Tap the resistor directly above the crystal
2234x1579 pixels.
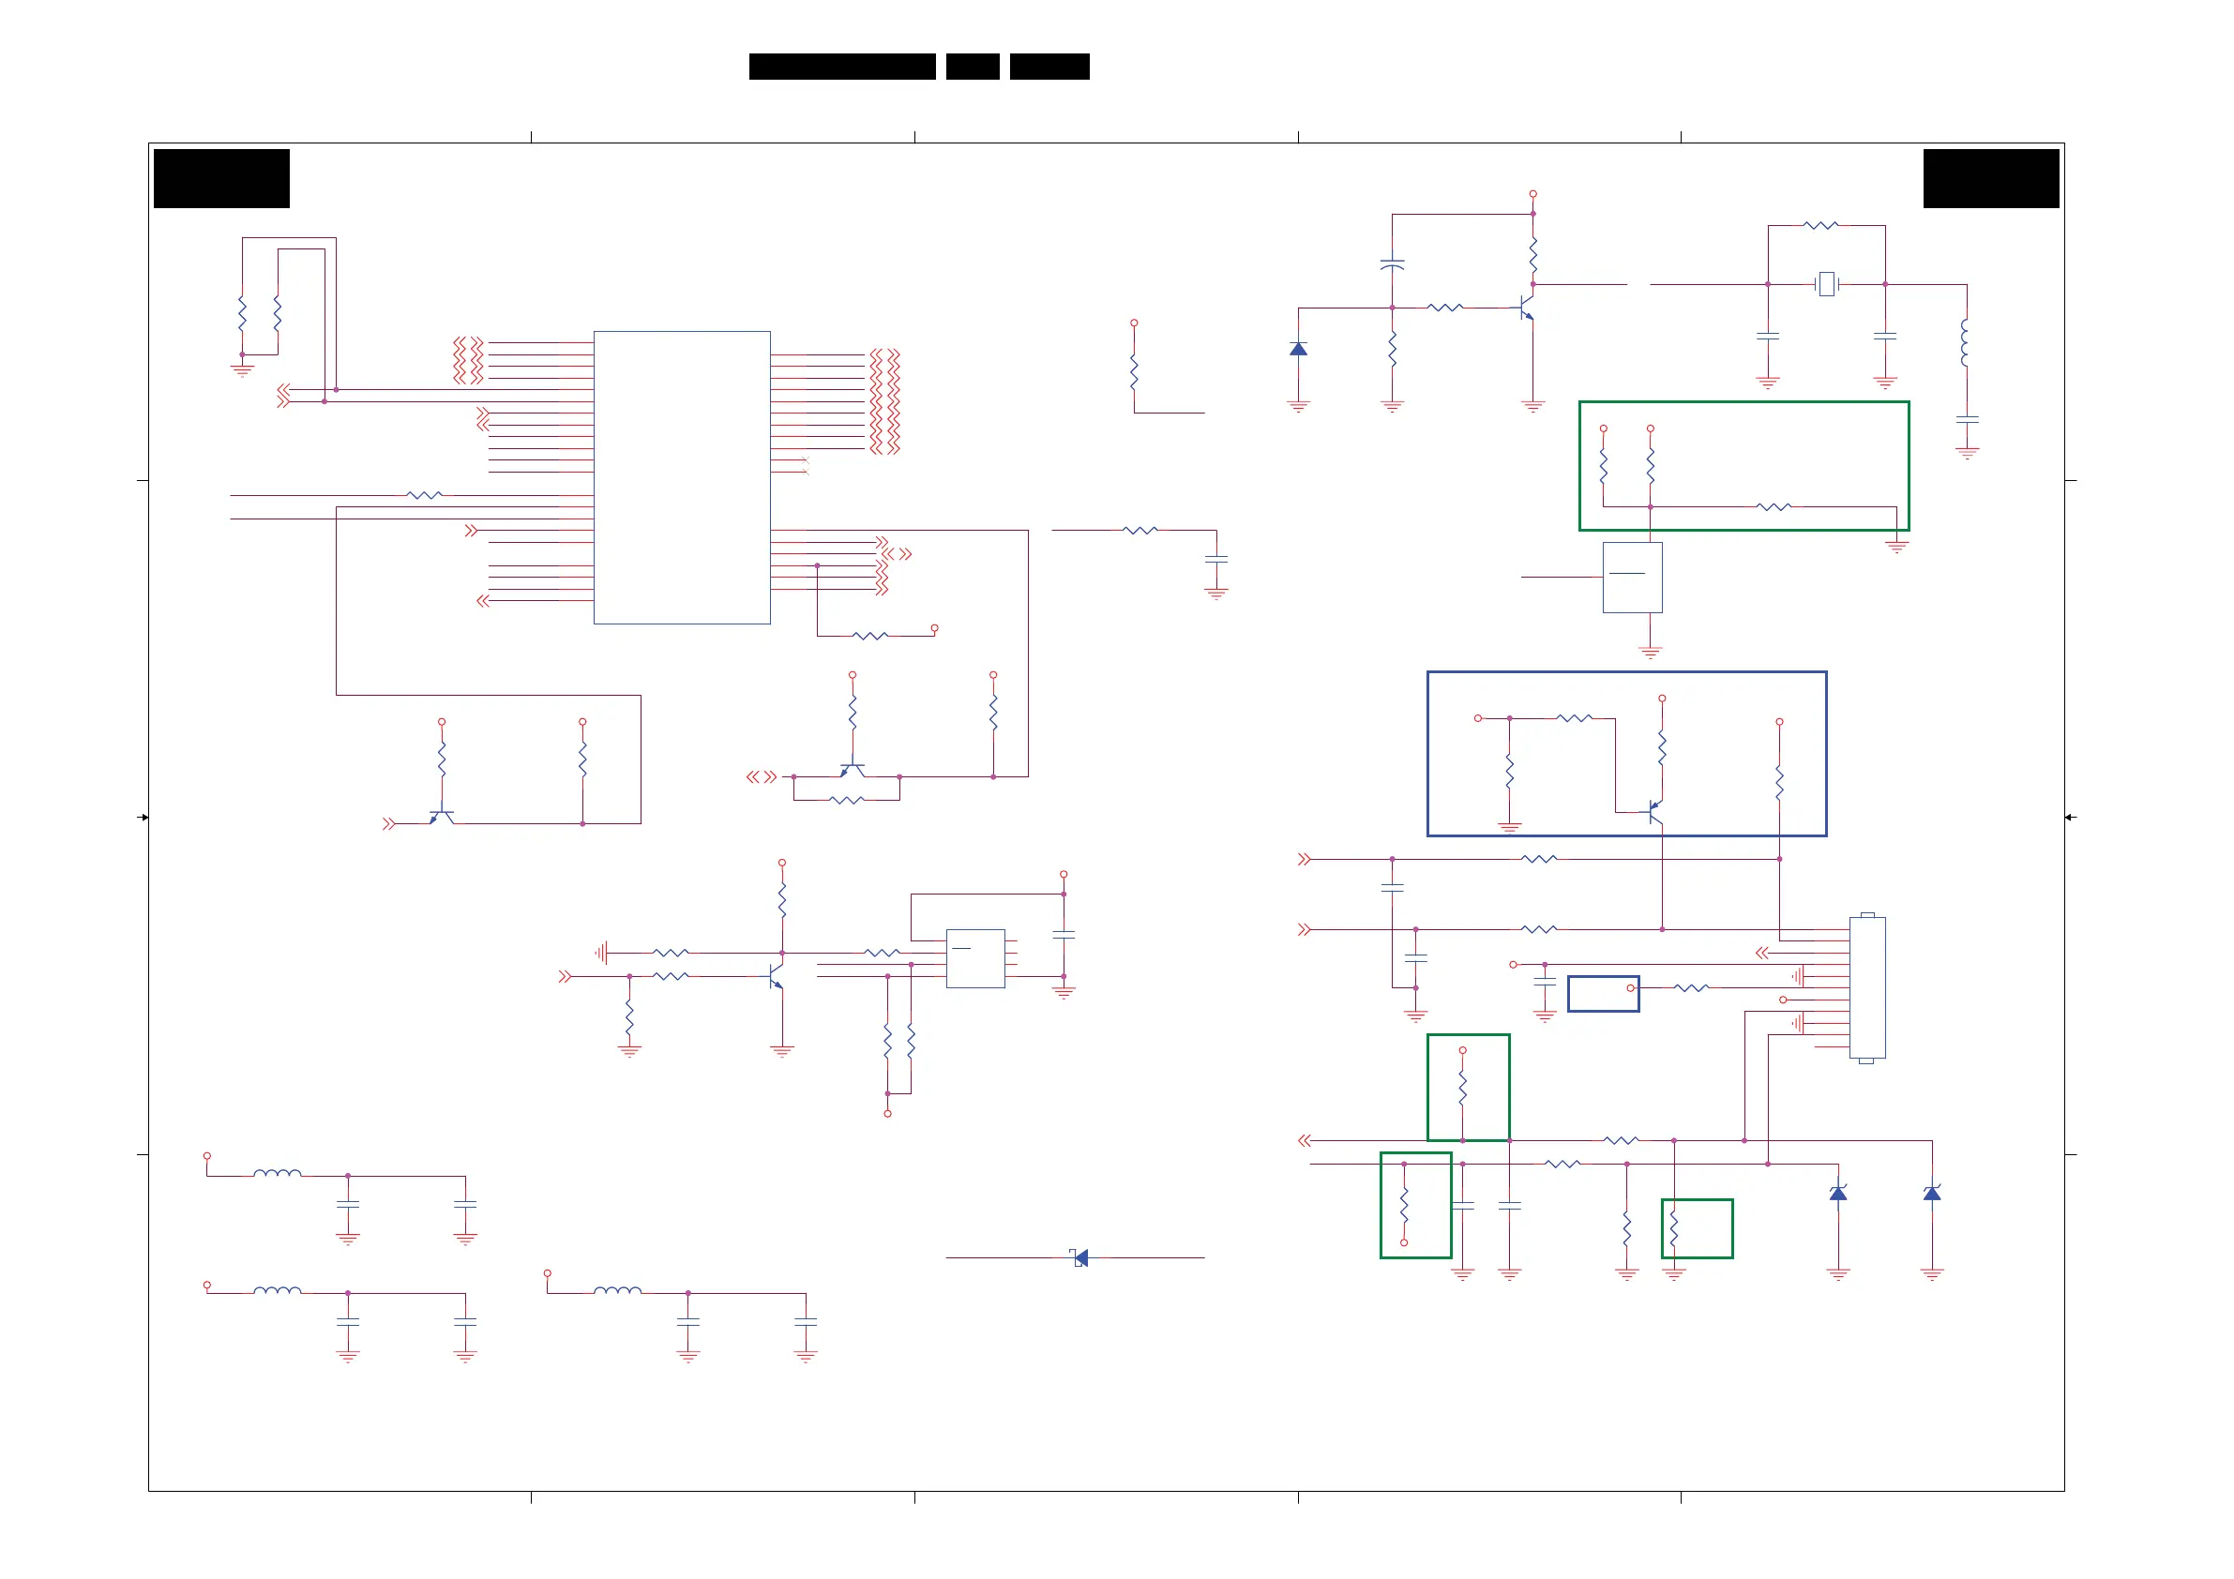(1820, 226)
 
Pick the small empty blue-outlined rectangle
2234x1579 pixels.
(1603, 993)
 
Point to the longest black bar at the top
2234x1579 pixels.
(841, 67)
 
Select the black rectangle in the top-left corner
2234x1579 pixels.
(222, 178)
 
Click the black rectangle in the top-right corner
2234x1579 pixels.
(1991, 178)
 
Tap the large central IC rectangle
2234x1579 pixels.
(681, 476)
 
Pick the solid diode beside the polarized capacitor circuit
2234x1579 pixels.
(1298, 348)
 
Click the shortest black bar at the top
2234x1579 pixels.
(972, 67)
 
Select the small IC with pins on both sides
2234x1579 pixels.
(975, 958)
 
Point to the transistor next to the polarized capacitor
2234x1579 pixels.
(1526, 308)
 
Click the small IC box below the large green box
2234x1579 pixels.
(1632, 577)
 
